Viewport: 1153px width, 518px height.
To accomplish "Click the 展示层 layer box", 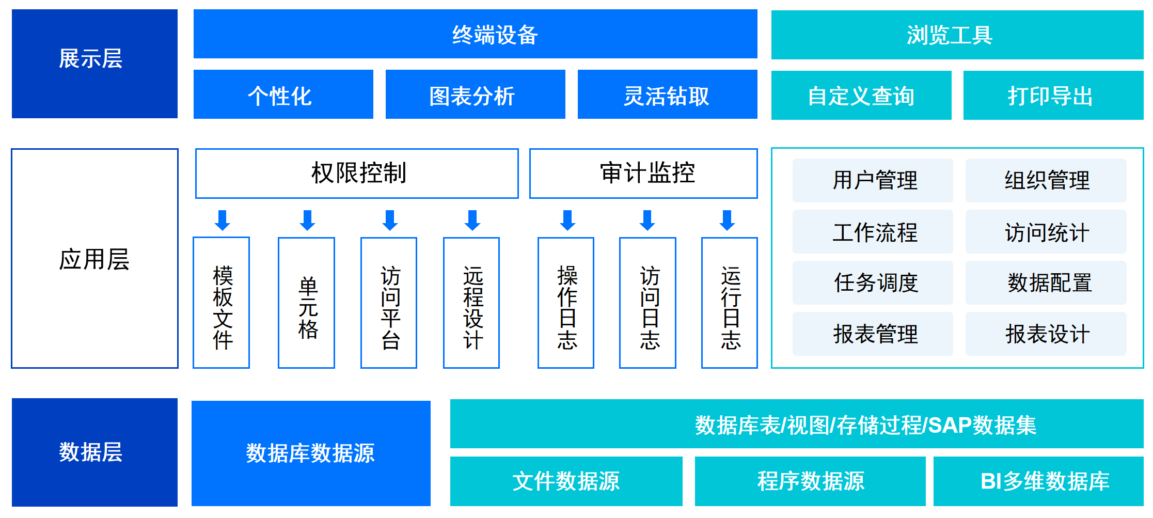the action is click(x=94, y=64).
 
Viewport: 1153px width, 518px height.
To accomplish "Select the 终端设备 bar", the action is click(x=475, y=34).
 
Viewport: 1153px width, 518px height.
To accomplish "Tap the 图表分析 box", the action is click(x=475, y=94).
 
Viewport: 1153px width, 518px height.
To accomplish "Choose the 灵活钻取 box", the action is click(x=667, y=94).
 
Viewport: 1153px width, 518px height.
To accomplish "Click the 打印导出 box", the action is click(x=1053, y=95).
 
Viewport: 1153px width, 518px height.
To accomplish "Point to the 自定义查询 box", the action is click(x=861, y=95).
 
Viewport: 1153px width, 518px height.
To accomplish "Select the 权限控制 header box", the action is click(x=357, y=174).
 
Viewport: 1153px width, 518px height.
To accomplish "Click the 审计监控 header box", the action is click(x=643, y=174).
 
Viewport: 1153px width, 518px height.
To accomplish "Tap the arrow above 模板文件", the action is click(x=223, y=221).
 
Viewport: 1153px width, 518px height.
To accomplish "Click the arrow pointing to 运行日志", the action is click(x=728, y=221).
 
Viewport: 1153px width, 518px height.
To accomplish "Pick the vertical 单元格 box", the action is click(x=306, y=303).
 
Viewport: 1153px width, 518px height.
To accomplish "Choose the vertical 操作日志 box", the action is click(x=566, y=303).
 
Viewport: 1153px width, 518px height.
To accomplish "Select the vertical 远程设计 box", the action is click(x=471, y=303).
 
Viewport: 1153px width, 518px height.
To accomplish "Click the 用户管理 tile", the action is click(x=873, y=180).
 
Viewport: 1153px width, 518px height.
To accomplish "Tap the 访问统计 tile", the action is click(x=1046, y=231).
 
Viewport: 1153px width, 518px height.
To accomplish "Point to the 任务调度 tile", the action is click(x=873, y=282).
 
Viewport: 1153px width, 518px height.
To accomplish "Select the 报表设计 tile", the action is click(x=1046, y=334).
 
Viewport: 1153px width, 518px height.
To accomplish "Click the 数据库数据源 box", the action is click(x=311, y=453).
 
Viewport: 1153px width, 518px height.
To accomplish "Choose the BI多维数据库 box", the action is click(x=1038, y=481).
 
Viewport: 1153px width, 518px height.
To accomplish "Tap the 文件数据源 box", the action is click(x=566, y=481).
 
